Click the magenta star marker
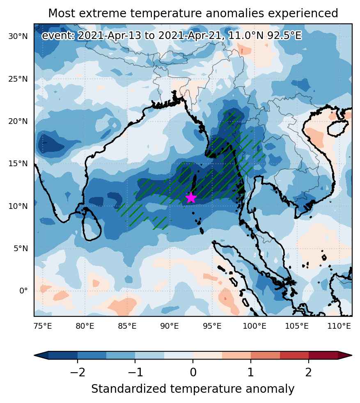[x=191, y=198]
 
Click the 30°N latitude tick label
[x=18, y=37]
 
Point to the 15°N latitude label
[x=18, y=164]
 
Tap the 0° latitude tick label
[x=23, y=291]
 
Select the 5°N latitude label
[x=21, y=249]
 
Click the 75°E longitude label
[x=43, y=326]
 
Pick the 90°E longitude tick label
[x=170, y=326]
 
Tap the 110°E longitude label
[x=339, y=326]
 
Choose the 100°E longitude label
[x=255, y=326]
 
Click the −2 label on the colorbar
[x=78, y=372]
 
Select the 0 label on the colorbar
[x=193, y=372]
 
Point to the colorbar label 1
[x=251, y=372]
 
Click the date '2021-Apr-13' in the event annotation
[x=110, y=35]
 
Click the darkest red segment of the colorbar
[x=323, y=355]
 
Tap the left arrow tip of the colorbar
[x=34, y=355]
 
